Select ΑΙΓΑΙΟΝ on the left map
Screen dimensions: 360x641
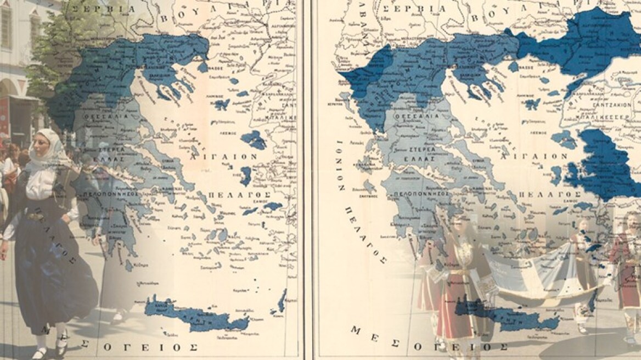pos(223,156)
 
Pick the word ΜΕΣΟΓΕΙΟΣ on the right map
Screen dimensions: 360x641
pos(429,339)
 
